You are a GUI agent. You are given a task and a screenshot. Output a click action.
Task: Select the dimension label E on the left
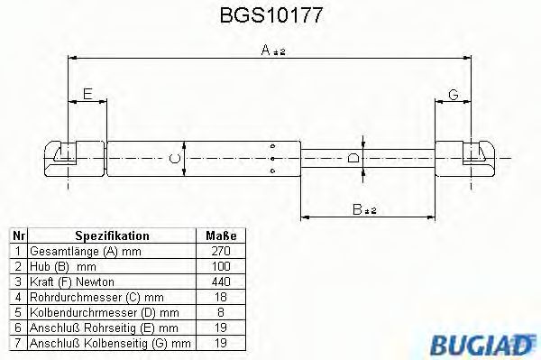pos(87,93)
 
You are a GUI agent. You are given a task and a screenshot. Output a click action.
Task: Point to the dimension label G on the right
pos(453,93)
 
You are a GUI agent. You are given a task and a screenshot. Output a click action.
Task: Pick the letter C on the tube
pos(176,159)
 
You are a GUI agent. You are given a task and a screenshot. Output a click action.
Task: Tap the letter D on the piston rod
pos(353,159)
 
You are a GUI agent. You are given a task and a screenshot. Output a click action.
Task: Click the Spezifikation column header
pos(112,235)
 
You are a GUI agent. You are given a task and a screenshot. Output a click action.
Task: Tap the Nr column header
pos(17,235)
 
